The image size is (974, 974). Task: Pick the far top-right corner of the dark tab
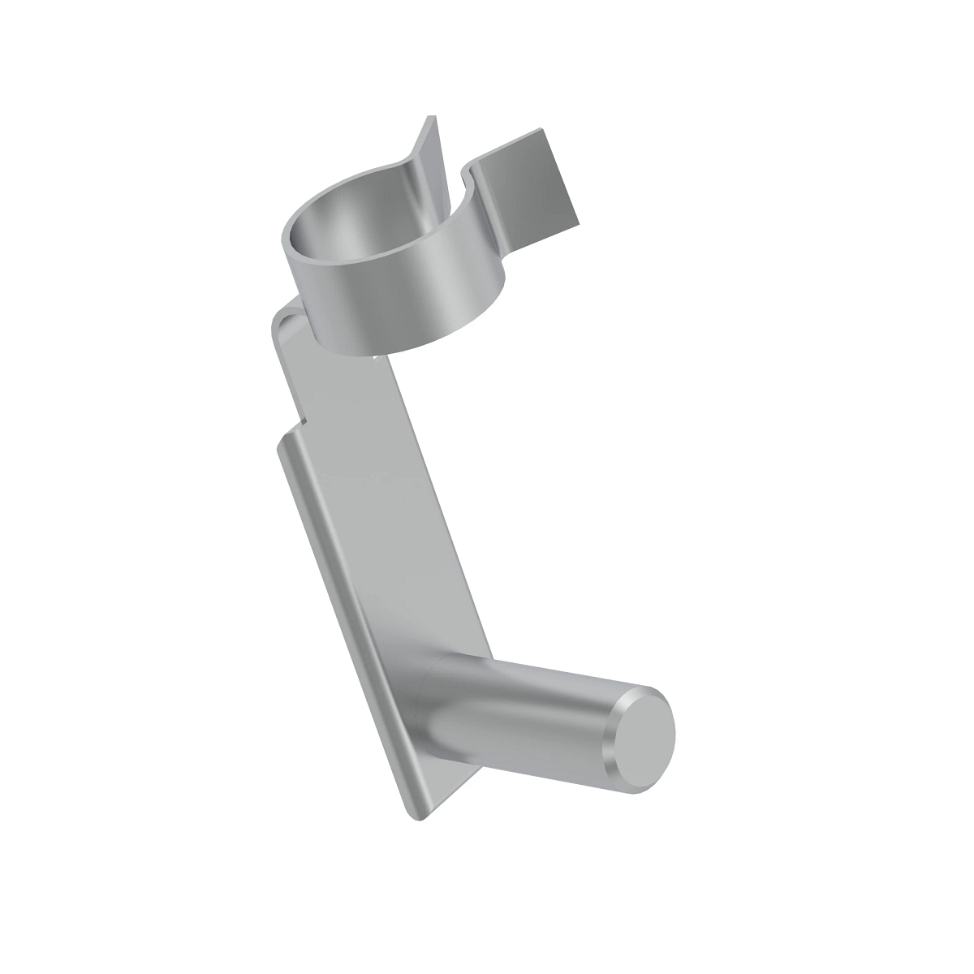(x=541, y=130)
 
